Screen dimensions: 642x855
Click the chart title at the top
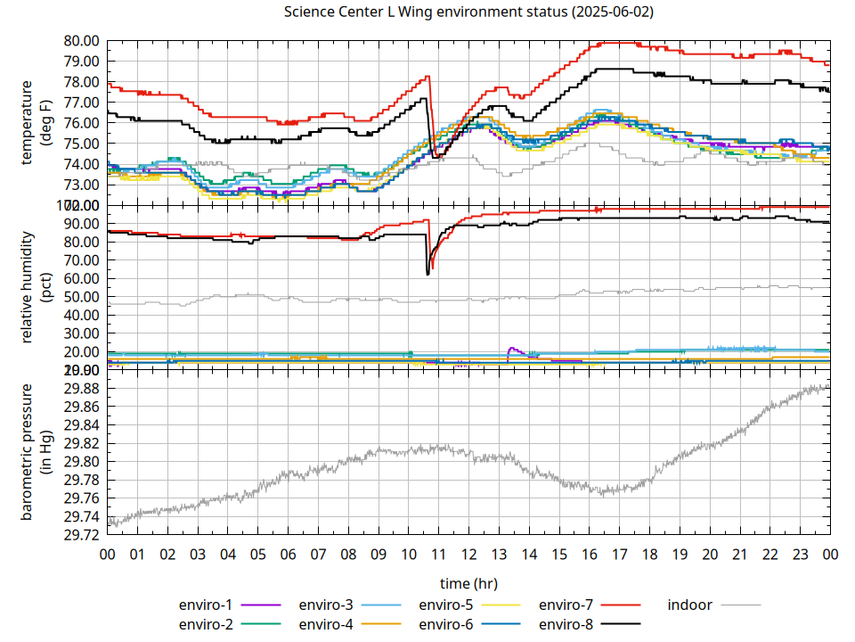pos(468,12)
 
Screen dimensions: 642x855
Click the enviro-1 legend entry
pos(207,605)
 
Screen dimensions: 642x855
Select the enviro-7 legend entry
pos(567,605)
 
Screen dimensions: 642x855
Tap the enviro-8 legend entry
pos(567,624)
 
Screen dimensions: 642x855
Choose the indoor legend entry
pos(690,605)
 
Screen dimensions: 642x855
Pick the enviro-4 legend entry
pos(326,624)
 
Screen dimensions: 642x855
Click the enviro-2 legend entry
pos(207,624)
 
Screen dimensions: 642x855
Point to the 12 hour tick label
pos(468,554)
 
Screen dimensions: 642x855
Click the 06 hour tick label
pos(288,554)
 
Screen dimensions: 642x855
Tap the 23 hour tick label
pos(800,554)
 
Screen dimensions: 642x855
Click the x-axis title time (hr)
pos(468,583)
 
